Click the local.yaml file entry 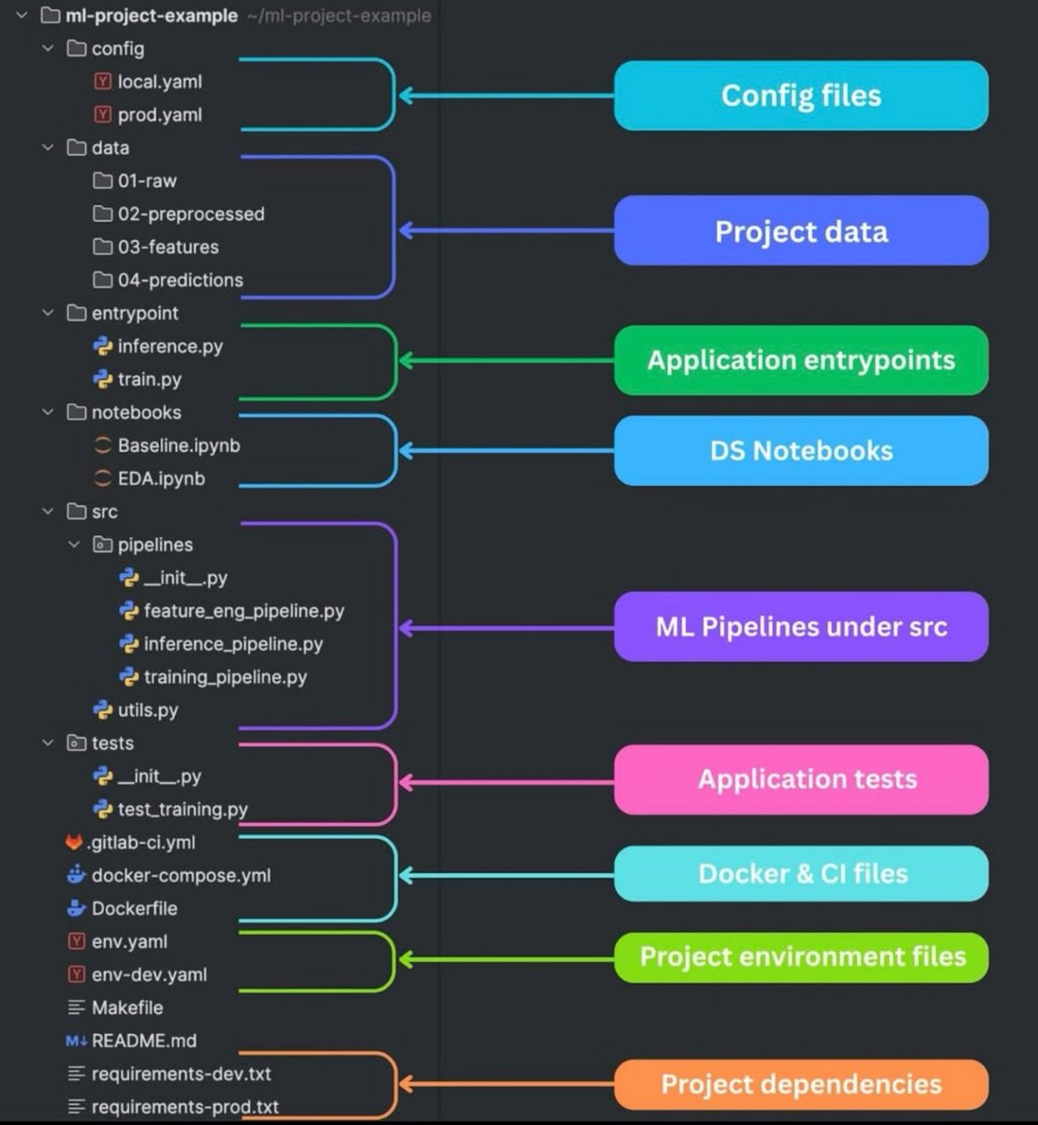[159, 82]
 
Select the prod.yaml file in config [159, 114]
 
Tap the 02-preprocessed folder [190, 214]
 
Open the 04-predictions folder [180, 279]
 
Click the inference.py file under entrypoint [170, 346]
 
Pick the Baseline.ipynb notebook [178, 445]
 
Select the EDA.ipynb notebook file [161, 478]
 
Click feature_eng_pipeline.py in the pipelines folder [244, 610]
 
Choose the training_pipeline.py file [225, 677]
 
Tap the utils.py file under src [147, 710]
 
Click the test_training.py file [183, 809]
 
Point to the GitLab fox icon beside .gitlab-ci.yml [75, 842]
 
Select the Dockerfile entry [134, 908]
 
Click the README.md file [143, 1041]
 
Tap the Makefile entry [126, 1008]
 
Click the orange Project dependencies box [801, 1085]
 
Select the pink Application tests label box [801, 779]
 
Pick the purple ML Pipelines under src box [801, 626]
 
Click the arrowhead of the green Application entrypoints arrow [406, 360]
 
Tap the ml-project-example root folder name [151, 16]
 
